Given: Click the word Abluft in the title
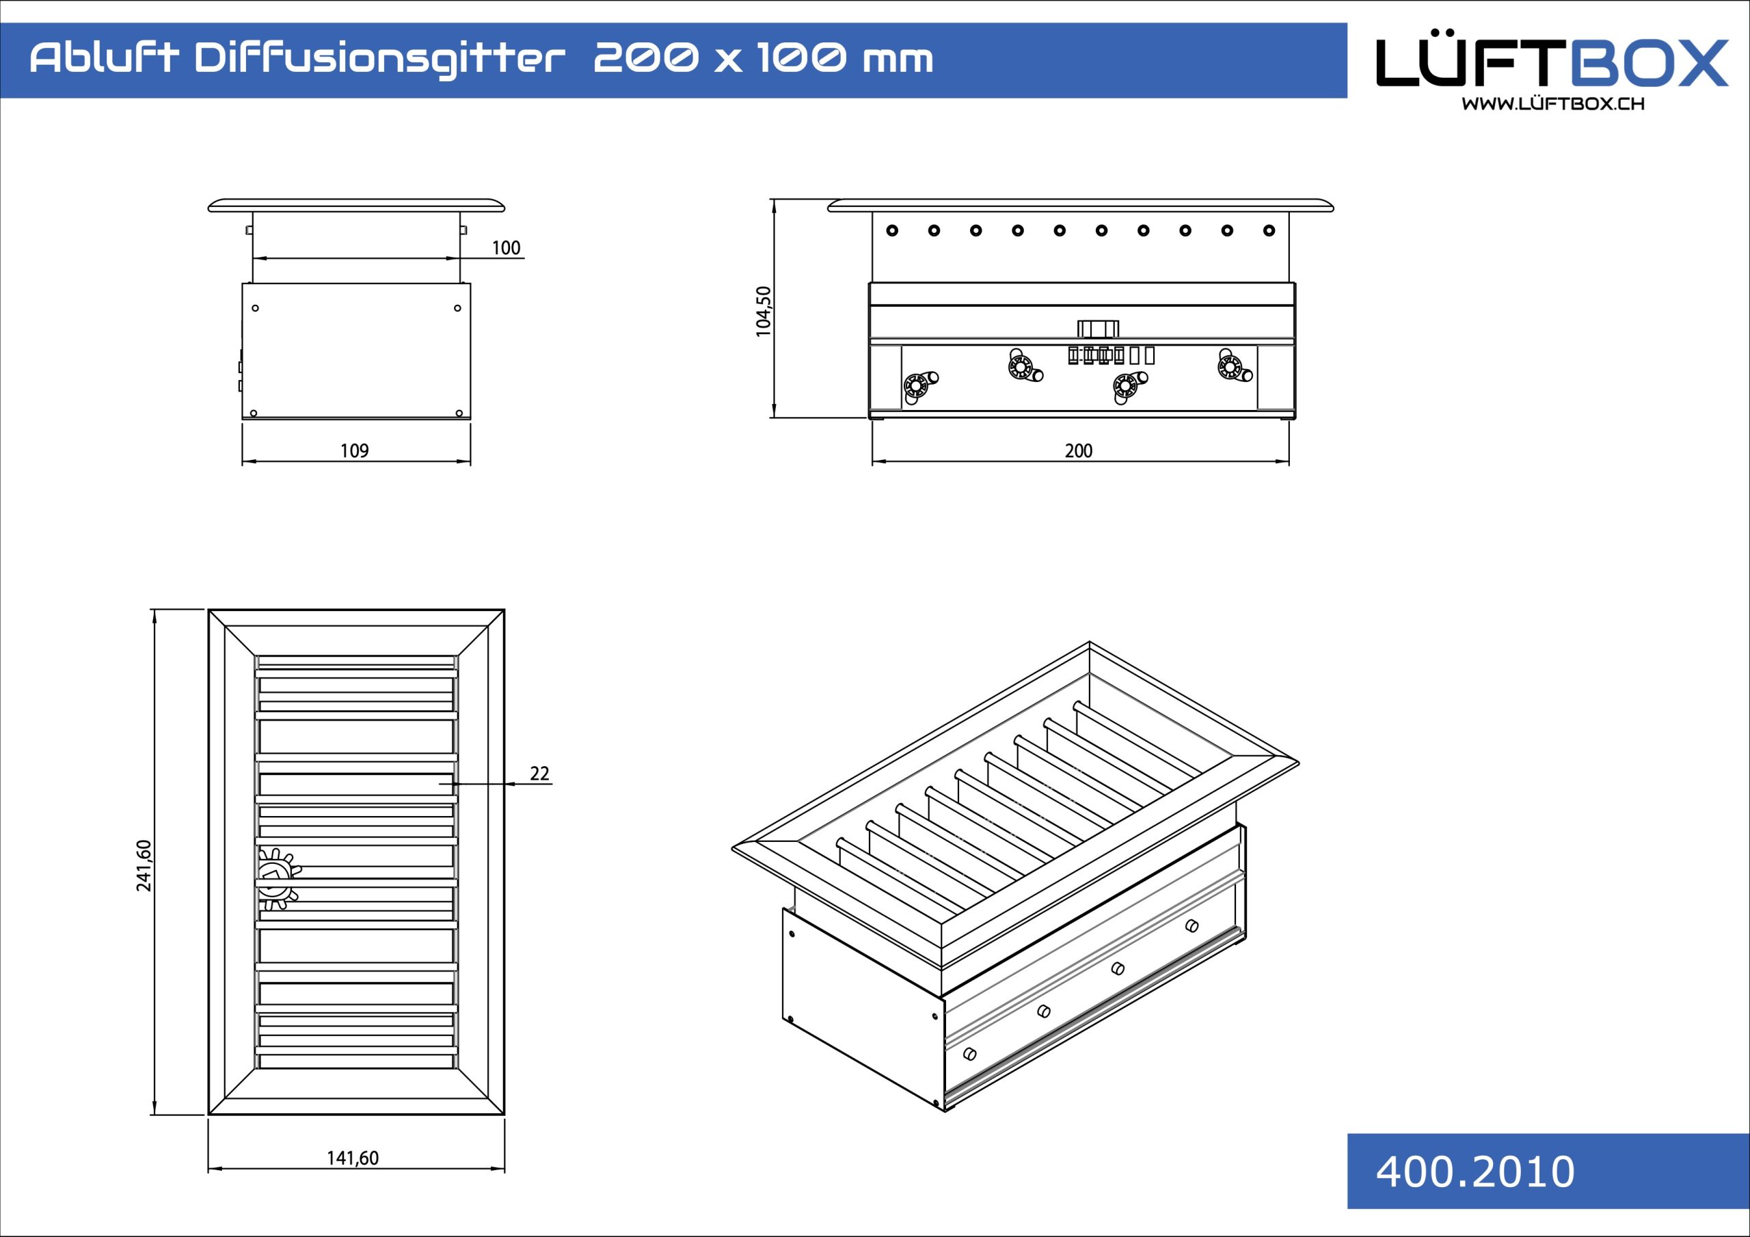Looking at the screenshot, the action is pos(105,58).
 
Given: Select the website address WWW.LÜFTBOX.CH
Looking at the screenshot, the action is pos(1552,104).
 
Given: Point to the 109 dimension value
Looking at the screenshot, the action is pos(354,450).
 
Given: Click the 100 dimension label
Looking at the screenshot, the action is pos(505,247).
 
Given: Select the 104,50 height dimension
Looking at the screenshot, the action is pos(764,311).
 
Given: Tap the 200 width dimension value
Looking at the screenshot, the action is pos(1079,450).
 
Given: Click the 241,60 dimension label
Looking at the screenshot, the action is pos(144,865).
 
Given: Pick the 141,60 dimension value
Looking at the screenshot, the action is pos(353,1158).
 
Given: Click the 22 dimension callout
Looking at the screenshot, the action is pos(539,774).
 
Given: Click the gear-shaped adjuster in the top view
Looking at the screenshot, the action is pos(276,879).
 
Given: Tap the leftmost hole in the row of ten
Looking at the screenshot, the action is pos(893,230).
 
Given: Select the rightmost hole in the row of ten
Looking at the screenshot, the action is pos(1269,230).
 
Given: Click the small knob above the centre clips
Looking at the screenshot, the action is pos(1099,329).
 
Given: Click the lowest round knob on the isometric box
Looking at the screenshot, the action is pos(969,1054).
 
